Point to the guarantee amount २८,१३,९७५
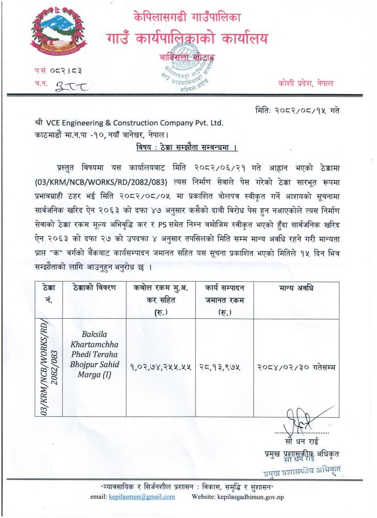tap(220, 367)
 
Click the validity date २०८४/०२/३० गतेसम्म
tap(297, 367)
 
